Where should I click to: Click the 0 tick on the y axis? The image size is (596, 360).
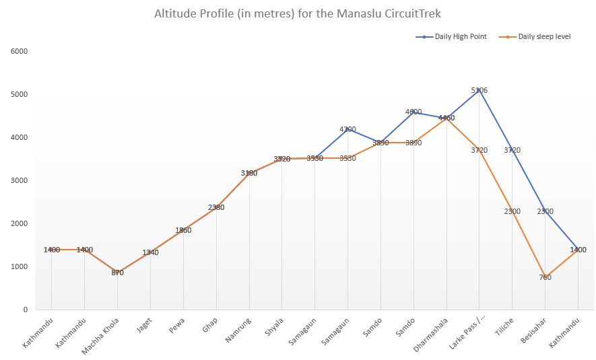point(25,310)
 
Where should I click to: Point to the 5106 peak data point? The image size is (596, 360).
point(479,89)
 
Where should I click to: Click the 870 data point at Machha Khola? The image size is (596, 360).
point(117,273)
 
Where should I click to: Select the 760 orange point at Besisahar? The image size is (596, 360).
point(545,277)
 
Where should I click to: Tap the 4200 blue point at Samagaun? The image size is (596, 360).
point(347,129)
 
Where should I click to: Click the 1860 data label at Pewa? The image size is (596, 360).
point(183,230)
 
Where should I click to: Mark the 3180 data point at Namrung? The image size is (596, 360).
point(249,173)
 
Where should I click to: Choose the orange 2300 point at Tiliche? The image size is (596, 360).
point(512,211)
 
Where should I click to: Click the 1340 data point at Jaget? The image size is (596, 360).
point(150,252)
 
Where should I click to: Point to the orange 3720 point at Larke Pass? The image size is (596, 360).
point(479,149)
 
